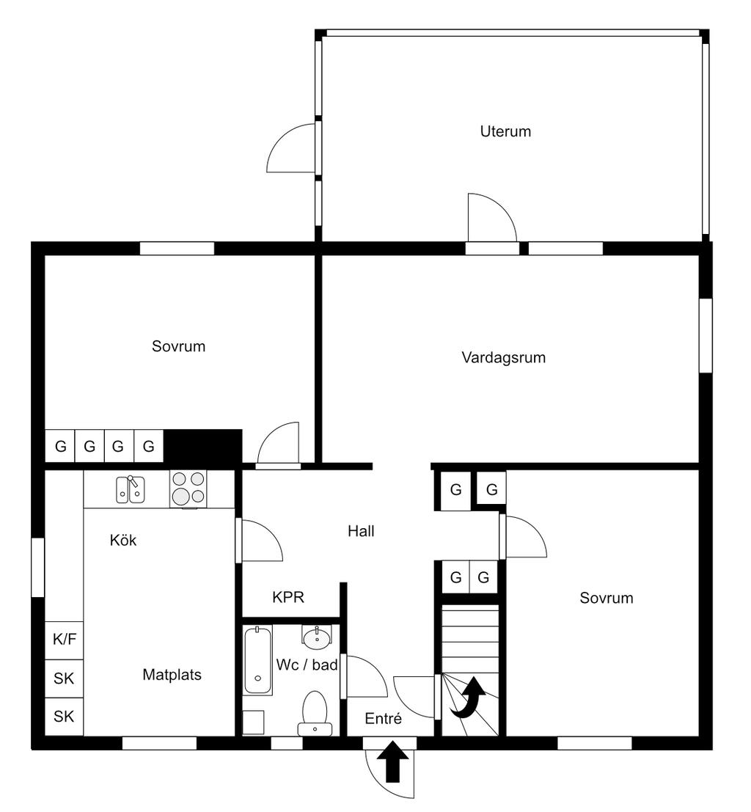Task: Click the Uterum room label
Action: pyautogui.click(x=505, y=132)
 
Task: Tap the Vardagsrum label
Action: pyautogui.click(x=504, y=358)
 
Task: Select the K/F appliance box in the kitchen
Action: pyautogui.click(x=65, y=639)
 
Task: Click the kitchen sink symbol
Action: pyautogui.click(x=131, y=489)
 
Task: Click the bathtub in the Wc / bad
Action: pyautogui.click(x=257, y=660)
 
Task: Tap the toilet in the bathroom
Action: pyautogui.click(x=315, y=712)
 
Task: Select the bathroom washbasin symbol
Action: pyautogui.click(x=317, y=637)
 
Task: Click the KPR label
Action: pyautogui.click(x=288, y=597)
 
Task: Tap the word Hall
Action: pyautogui.click(x=361, y=531)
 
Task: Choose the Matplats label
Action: pyautogui.click(x=172, y=675)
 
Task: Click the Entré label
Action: pyautogui.click(x=384, y=720)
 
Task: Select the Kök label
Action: pyautogui.click(x=123, y=541)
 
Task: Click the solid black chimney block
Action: pyautogui.click(x=202, y=445)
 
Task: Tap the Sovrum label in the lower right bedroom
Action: pyautogui.click(x=606, y=598)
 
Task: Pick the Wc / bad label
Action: pyautogui.click(x=307, y=665)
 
